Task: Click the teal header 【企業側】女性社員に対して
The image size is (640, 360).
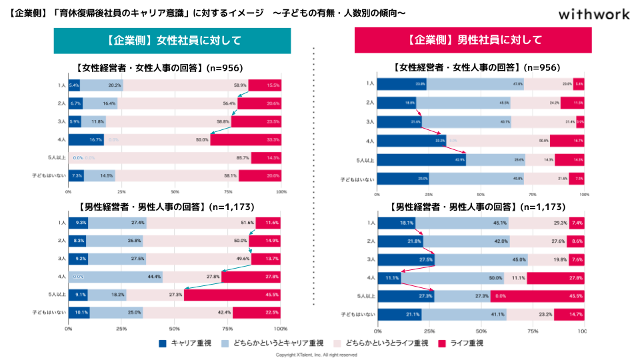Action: [x=172, y=40]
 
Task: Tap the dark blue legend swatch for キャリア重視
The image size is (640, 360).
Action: [x=163, y=343]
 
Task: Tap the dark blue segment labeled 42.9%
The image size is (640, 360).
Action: [x=421, y=160]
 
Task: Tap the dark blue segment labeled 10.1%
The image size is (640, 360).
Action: [x=79, y=312]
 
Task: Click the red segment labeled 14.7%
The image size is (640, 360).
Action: [x=568, y=314]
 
